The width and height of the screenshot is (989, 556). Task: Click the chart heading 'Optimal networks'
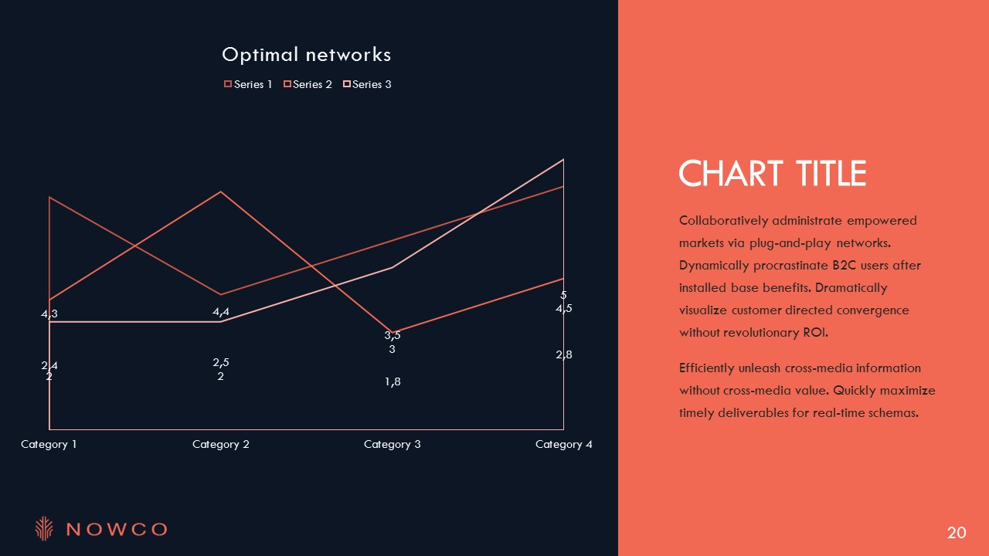307,55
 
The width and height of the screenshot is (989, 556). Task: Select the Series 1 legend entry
248,84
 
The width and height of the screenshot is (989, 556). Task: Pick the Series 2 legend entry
308,84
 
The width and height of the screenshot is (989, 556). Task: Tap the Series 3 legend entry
367,84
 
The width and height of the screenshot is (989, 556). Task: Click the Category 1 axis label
49,444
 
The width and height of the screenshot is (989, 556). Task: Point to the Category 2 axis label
221,444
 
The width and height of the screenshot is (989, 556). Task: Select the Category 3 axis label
392,444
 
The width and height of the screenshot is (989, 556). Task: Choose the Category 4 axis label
564,444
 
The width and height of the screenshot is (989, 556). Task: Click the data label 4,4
221,312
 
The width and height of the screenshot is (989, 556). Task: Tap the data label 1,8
393,381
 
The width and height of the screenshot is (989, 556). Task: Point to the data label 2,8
564,354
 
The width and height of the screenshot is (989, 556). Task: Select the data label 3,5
392,335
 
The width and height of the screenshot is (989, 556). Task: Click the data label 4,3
49,314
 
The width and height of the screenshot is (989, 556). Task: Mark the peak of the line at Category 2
221,192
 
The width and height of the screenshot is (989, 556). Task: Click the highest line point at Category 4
563,159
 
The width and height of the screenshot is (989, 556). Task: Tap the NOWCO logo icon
44,528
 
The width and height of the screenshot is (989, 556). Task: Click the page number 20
957,533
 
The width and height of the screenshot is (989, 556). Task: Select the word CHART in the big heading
731,174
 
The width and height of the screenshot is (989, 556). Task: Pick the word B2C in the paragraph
844,266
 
